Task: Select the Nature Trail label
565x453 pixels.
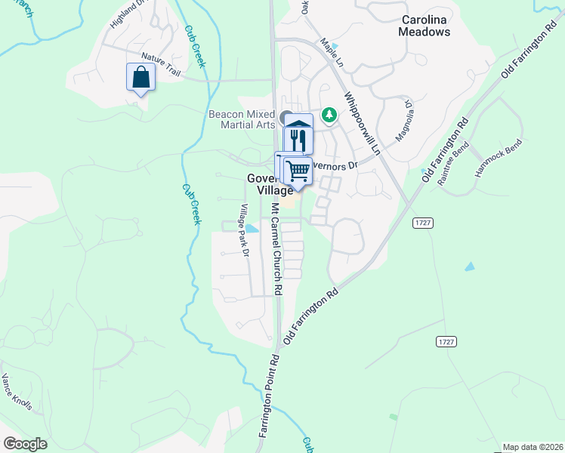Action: (162, 66)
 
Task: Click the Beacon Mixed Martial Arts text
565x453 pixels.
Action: (241, 119)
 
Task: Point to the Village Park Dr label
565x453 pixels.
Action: (244, 231)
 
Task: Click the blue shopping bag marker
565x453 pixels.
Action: (141, 76)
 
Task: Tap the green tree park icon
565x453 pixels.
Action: (329, 115)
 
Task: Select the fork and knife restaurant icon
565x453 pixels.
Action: (298, 140)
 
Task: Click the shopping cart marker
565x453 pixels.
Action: (298, 171)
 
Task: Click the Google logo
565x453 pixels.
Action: (26, 444)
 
